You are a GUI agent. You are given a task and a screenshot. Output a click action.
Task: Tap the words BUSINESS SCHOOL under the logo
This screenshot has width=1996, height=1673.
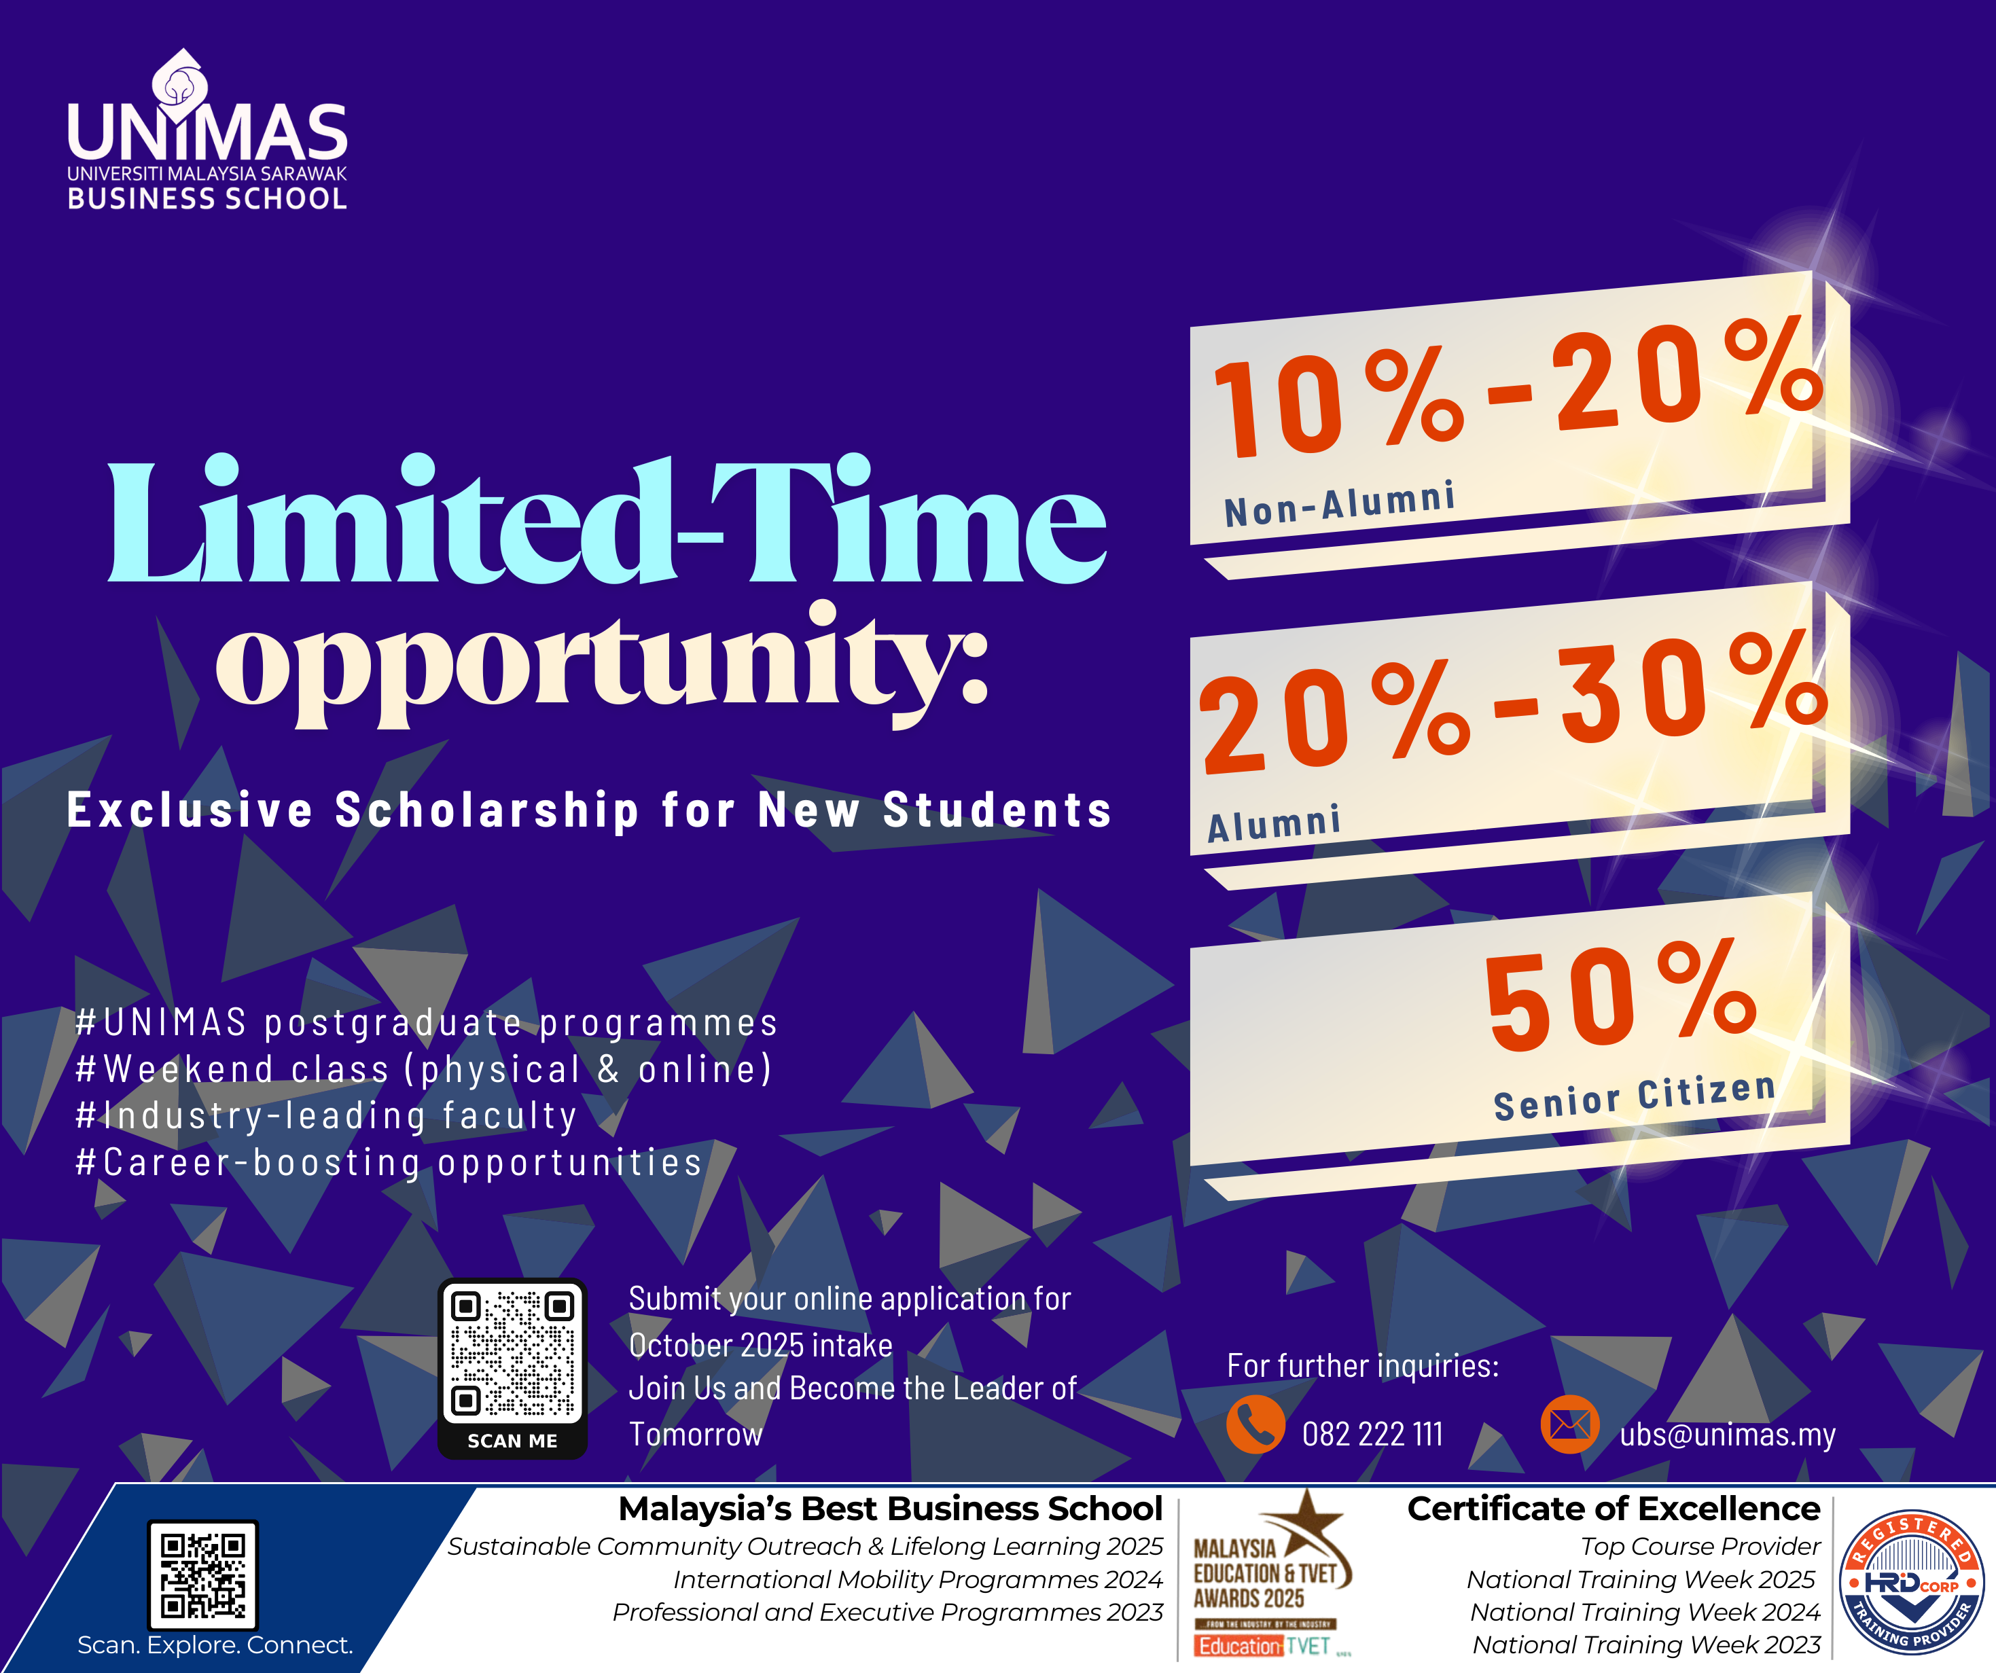[x=207, y=198]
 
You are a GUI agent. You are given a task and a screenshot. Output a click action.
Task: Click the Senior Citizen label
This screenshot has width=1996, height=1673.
[x=1635, y=1097]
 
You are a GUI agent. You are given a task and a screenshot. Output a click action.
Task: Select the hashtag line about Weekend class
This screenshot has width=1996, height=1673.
[x=424, y=1069]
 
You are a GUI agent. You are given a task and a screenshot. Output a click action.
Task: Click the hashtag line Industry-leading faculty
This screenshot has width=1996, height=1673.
[x=326, y=1116]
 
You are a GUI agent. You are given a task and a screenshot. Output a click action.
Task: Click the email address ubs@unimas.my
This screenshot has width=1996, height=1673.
[x=1727, y=1433]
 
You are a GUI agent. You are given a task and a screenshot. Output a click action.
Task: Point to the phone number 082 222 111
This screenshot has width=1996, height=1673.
[x=1372, y=1433]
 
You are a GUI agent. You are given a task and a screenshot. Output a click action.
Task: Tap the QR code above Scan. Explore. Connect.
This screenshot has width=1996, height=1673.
[x=202, y=1574]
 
